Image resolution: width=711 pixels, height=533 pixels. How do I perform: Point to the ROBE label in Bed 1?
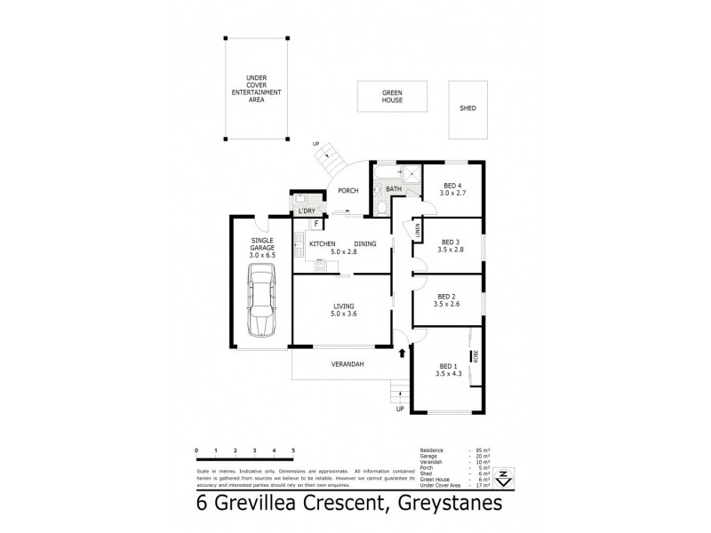point(475,357)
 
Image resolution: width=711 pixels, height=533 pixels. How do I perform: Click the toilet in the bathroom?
point(379,207)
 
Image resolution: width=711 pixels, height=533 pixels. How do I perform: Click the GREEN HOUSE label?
point(392,96)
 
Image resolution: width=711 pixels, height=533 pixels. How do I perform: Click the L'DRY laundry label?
point(308,210)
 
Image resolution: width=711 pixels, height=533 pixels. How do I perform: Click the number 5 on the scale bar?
point(292,451)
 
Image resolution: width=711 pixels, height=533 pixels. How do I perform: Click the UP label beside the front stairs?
point(399,410)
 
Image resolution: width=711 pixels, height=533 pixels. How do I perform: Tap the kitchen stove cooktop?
point(316,264)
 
